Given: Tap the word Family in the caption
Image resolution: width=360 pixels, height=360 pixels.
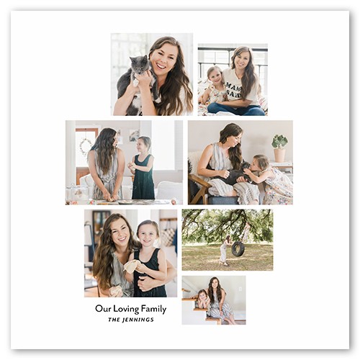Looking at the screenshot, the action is pos(153,310).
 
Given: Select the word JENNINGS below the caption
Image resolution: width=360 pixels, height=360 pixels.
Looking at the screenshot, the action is pos(138,320).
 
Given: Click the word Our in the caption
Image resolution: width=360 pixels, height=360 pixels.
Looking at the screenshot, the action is pos(103,309).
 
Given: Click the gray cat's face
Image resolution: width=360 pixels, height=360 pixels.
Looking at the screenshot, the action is pos(139,65).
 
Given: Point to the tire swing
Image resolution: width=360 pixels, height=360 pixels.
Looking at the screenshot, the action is pos(238,248).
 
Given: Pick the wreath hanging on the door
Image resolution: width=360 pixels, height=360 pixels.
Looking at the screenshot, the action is pos(86,145).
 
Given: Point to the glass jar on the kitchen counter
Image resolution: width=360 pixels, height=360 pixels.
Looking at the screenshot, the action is pos(73,192).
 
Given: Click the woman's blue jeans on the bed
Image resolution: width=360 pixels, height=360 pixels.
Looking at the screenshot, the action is pos(236,109).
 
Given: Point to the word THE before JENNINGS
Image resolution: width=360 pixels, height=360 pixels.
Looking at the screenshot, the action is pos(114,320).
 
